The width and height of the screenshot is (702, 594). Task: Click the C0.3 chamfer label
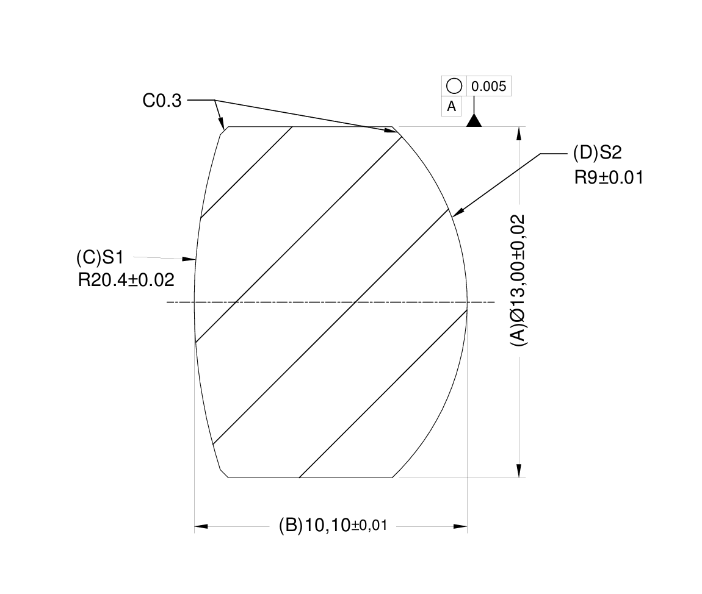(162, 101)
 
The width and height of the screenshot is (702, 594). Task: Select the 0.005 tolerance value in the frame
(489, 87)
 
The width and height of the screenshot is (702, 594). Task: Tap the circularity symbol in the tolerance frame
(454, 87)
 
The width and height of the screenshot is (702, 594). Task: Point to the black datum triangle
(474, 121)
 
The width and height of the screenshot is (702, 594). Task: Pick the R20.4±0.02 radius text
(126, 280)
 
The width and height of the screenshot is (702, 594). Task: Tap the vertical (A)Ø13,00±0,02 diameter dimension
(518, 281)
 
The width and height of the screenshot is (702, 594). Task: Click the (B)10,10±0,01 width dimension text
(333, 525)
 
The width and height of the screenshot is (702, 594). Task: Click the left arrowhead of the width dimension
(201, 526)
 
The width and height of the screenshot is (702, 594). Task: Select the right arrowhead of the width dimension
(460, 526)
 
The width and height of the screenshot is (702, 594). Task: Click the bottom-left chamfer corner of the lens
(223, 474)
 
